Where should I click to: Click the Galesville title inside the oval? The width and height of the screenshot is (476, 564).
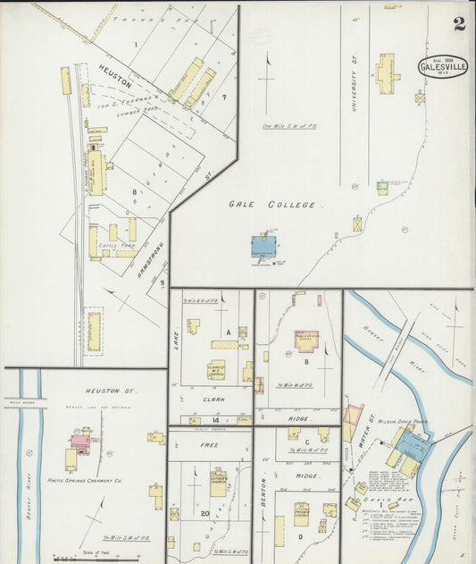pos(442,68)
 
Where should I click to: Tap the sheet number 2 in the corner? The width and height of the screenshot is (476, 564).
pos(459,24)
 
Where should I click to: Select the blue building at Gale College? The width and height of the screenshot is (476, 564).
pos(263,246)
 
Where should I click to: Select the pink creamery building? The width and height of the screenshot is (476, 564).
pos(80,442)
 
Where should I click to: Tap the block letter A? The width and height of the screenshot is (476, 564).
pos(229,332)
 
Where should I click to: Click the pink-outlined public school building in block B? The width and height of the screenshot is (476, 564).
pos(306,341)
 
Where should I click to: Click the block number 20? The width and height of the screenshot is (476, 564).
pos(205,513)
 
